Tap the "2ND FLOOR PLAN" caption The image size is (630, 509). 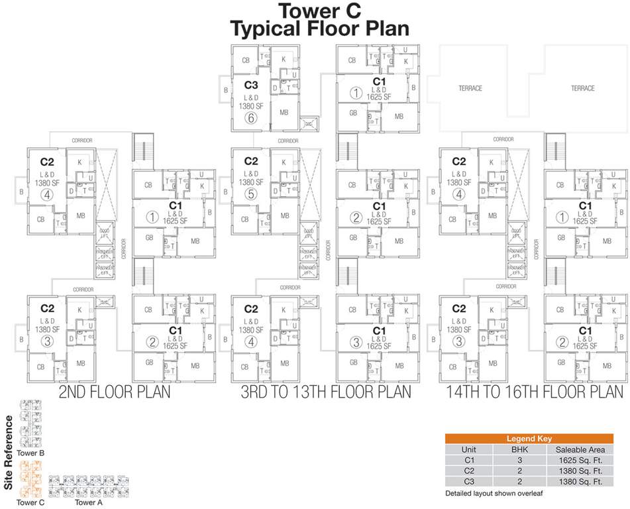click(115, 392)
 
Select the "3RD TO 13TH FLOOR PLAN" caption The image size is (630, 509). click(325, 392)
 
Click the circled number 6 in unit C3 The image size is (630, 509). click(250, 119)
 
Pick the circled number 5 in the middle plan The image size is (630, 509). click(250, 194)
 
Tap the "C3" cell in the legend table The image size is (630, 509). click(468, 481)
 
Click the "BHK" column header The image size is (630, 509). click(519, 449)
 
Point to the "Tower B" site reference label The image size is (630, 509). click(30, 453)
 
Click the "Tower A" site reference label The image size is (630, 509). click(89, 502)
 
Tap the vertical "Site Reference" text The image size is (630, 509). click(8, 453)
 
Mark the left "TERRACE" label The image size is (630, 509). click(470, 88)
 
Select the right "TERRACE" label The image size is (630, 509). click(583, 88)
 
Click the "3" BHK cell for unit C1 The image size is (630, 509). click(519, 459)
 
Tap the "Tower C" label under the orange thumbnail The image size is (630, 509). click(30, 502)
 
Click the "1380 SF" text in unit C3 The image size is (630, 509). click(250, 105)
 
